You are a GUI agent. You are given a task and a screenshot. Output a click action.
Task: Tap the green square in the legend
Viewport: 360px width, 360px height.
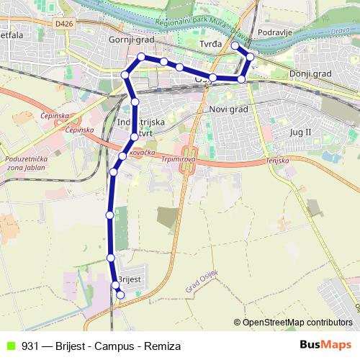click(10, 346)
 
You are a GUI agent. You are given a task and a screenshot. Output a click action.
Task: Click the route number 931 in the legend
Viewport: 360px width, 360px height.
click(30, 346)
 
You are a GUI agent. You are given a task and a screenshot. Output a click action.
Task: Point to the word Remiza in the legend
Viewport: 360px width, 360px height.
click(162, 346)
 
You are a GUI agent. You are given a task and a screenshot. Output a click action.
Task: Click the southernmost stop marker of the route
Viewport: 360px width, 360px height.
click(120, 294)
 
